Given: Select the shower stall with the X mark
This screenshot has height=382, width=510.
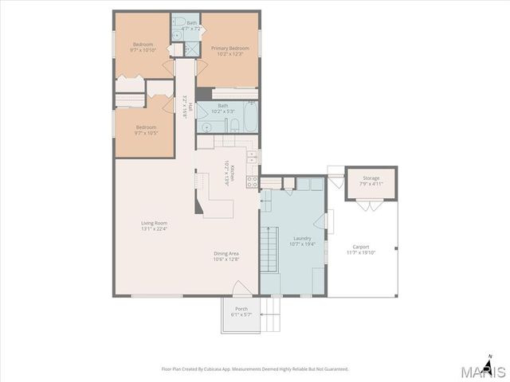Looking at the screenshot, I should point(191,48).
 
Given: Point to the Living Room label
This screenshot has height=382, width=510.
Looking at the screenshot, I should point(154,223).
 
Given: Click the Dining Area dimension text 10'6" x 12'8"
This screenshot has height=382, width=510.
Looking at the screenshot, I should point(226,259).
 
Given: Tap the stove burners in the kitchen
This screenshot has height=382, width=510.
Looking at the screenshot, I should point(252,181).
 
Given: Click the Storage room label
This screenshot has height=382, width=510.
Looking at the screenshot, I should point(371,178).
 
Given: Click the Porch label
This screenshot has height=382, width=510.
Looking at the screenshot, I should point(241,310).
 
